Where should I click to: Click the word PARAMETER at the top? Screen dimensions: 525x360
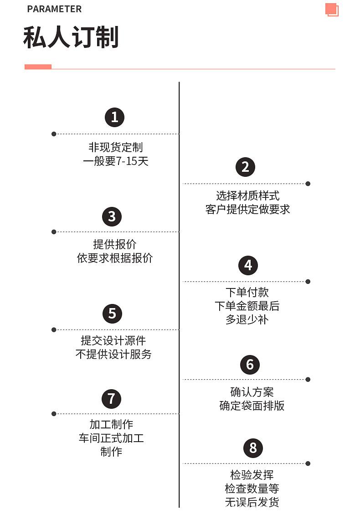[x=54, y=9]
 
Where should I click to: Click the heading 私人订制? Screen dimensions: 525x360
[x=71, y=37]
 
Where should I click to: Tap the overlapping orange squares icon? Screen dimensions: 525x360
[x=332, y=10]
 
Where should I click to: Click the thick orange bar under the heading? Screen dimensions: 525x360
[x=38, y=67]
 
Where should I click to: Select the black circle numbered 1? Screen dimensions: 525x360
[x=114, y=117]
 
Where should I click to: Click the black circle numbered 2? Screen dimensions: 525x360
[x=245, y=167]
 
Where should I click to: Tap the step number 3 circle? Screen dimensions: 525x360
[x=112, y=216]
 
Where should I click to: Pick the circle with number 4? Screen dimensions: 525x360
[x=248, y=265]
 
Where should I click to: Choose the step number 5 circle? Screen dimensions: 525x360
[x=112, y=314]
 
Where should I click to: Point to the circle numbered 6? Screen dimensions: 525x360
[x=250, y=365]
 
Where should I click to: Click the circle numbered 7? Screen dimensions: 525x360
[x=111, y=399]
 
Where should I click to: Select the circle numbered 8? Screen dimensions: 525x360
[x=253, y=448]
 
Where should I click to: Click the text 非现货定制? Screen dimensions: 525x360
[x=115, y=147]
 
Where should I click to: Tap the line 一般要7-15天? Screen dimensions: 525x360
[x=115, y=161]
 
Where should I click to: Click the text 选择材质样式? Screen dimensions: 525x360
[x=247, y=196]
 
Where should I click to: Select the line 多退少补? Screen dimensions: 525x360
[x=247, y=319]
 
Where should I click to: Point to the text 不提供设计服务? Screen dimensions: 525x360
[x=113, y=354]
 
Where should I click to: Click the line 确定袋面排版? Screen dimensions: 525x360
[x=252, y=406]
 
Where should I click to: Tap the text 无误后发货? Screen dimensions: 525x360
[x=252, y=502]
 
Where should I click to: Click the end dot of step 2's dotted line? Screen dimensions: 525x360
[x=308, y=184]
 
